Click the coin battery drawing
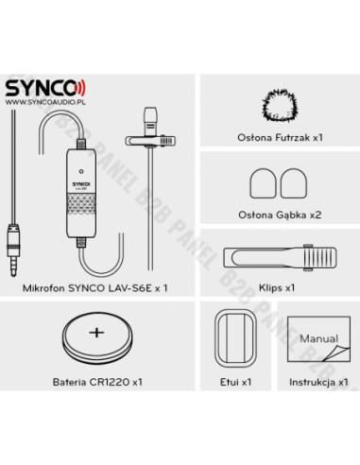tap(97, 335)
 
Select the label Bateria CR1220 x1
tap(97, 383)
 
